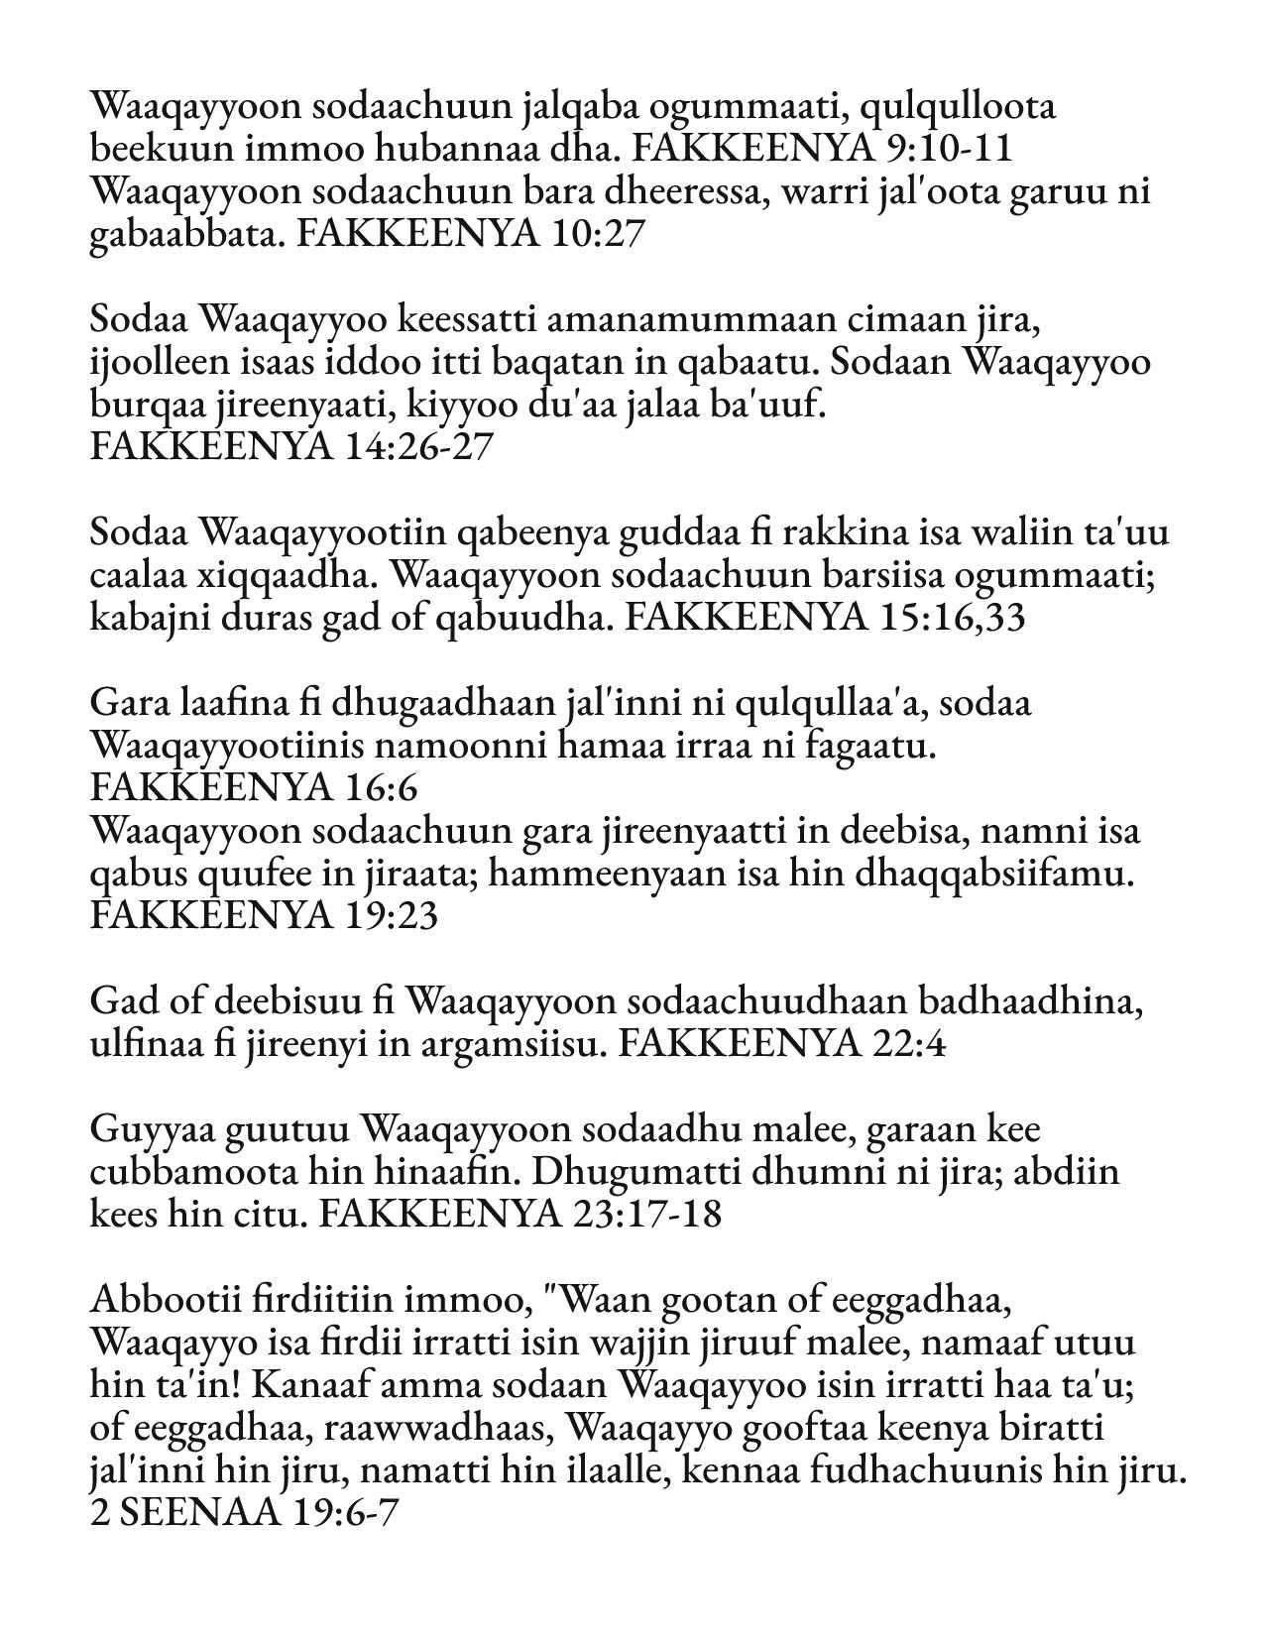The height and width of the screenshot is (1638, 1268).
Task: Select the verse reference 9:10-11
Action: tap(946, 149)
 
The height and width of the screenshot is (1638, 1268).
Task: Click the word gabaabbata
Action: tap(184, 234)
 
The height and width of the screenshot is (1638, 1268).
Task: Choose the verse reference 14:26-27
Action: tap(420, 448)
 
